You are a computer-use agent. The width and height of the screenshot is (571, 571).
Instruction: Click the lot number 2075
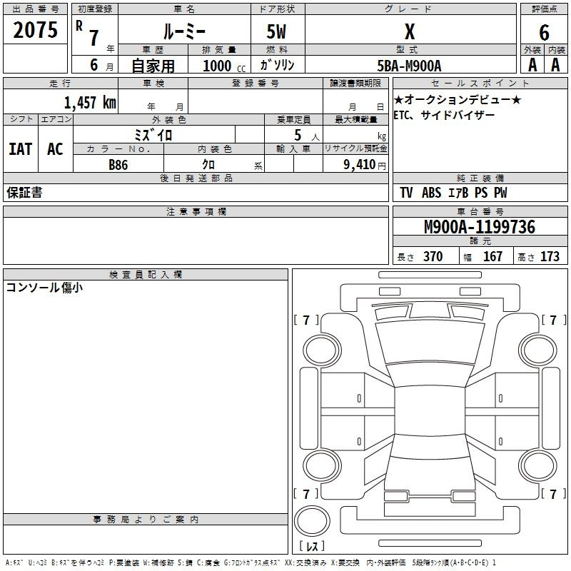pos(35,30)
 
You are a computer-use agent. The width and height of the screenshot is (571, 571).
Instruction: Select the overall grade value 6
pos(544,33)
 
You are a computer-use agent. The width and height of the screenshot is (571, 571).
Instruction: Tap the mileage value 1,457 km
pos(90,102)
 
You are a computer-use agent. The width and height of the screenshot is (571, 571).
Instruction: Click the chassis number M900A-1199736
pos(480,227)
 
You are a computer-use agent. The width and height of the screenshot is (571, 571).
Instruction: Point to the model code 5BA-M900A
pos(409,66)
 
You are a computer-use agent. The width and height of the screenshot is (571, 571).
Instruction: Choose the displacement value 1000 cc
pos(224,66)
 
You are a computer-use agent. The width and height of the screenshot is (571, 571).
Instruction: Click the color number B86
pos(118,165)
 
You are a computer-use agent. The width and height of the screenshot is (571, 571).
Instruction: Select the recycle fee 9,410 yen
pos(365,165)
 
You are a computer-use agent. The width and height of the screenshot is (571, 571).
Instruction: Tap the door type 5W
pos(276,31)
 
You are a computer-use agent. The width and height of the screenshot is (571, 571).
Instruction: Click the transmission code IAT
pos(21,149)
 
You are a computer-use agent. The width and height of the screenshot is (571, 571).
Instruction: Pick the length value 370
pos(433,256)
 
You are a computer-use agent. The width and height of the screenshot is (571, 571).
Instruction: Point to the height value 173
pos(550,256)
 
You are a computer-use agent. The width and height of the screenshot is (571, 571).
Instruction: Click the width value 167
pos(492,256)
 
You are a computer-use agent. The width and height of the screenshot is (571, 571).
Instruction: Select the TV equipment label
pos(406,193)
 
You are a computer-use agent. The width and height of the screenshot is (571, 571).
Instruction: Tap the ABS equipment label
pos(432,193)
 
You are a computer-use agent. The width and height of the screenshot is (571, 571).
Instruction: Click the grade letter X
pos(410,31)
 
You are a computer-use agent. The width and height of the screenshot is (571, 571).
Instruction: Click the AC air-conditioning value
pos(56,149)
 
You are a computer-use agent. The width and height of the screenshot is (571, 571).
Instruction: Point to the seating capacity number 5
pos(298,135)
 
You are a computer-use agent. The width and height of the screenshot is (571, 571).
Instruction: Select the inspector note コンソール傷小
pos(44,288)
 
